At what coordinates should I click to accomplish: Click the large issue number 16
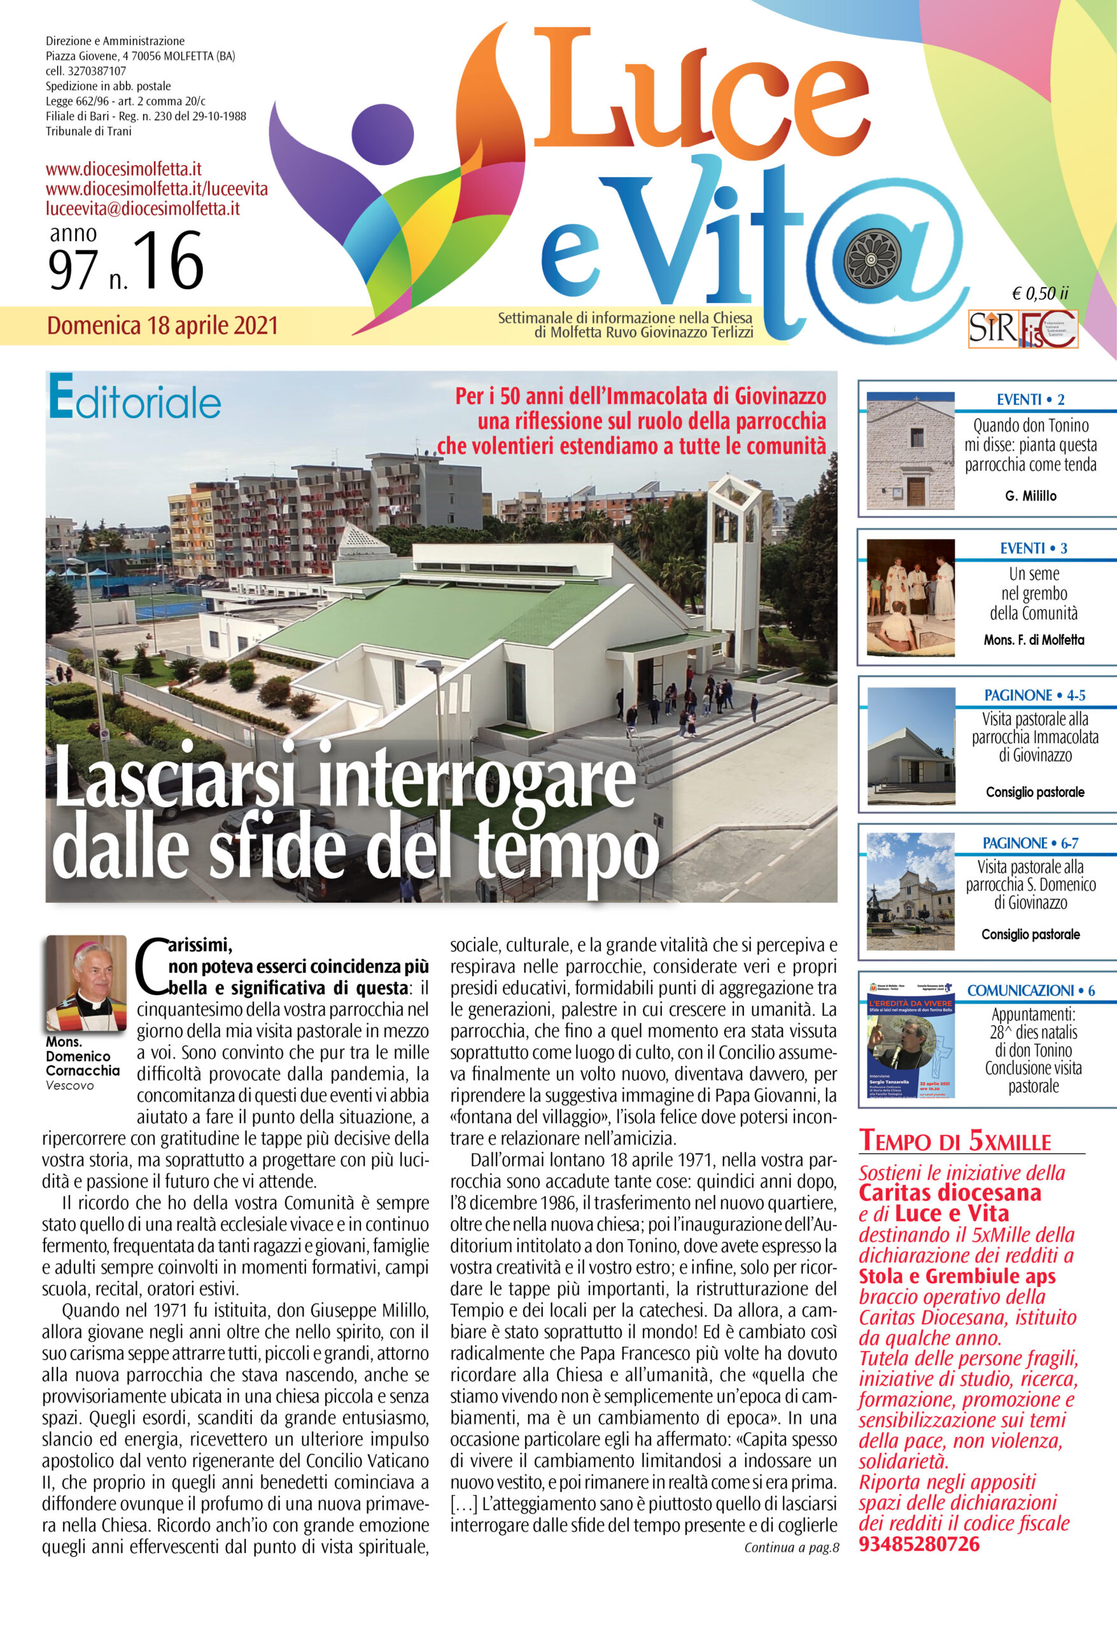pyautogui.click(x=168, y=261)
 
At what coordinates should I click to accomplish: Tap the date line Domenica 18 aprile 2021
pyautogui.click(x=163, y=326)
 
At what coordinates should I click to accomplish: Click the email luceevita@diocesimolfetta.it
pyautogui.click(x=143, y=209)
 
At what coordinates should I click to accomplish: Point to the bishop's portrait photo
pyautogui.click(x=87, y=982)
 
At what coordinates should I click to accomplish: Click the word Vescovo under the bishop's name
pyautogui.click(x=69, y=1085)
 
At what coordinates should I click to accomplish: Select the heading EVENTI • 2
pyautogui.click(x=1030, y=400)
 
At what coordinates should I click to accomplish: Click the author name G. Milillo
pyautogui.click(x=1030, y=496)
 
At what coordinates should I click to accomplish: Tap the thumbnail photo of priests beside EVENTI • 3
pyautogui.click(x=910, y=598)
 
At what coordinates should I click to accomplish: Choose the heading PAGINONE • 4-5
pyautogui.click(x=1034, y=695)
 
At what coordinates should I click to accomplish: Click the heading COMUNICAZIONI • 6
pyautogui.click(x=1030, y=990)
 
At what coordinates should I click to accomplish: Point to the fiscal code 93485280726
pyautogui.click(x=918, y=1545)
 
